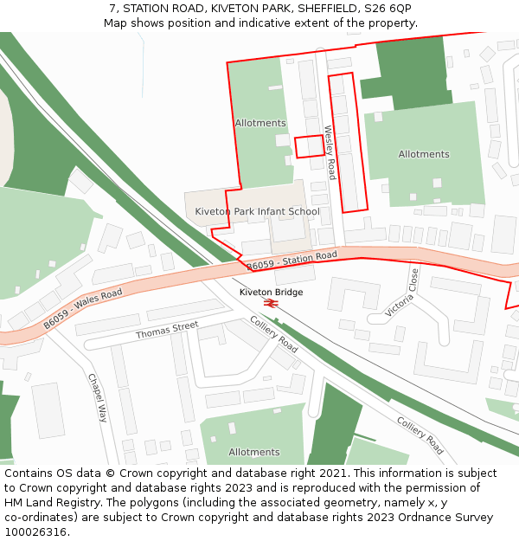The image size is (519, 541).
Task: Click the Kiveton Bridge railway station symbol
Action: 271,304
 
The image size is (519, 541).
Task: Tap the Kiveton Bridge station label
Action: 271,293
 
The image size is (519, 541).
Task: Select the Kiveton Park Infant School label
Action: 257,211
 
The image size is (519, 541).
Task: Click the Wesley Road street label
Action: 330,152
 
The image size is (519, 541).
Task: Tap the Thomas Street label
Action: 167,330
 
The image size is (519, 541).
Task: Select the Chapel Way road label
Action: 96,396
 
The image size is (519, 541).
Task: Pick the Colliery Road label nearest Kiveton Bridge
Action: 273,334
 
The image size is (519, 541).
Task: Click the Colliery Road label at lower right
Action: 420,435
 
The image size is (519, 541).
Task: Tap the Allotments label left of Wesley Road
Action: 259,123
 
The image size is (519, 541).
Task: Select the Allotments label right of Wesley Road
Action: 424,154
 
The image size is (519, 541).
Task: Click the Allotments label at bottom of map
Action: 253,452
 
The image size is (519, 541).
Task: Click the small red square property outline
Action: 309,147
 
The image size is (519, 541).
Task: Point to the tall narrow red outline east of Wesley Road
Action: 349,143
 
